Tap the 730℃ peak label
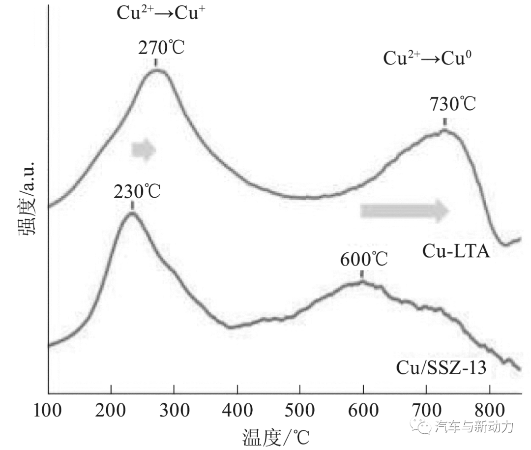point(453,105)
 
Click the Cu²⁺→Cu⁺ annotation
point(160,13)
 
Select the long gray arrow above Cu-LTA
point(405,210)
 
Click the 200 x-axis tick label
point(111,410)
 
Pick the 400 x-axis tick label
point(237,410)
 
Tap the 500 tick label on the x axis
point(300,410)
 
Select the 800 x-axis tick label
point(490,410)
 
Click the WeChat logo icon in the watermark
point(423,427)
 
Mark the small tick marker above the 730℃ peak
point(445,122)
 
